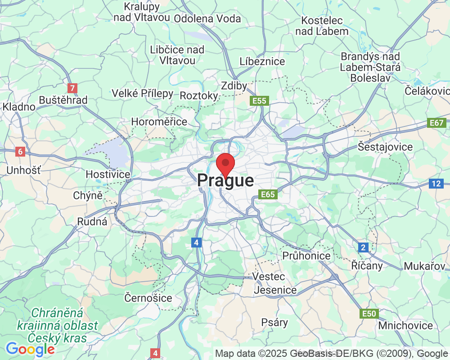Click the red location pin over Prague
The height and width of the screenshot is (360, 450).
pos(225,163)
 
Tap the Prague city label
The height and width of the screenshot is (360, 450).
pos(225,181)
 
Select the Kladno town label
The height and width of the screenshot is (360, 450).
pos(19,107)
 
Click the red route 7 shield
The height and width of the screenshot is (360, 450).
pos(71,88)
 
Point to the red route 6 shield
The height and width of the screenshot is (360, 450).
pos(20,152)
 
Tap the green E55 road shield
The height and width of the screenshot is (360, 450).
pos(260,101)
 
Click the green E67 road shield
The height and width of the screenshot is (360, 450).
pos(436,123)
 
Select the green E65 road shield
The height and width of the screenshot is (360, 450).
pos(268,194)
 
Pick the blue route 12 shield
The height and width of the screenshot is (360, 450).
pos(436,183)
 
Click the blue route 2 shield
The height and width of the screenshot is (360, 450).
pos(364,247)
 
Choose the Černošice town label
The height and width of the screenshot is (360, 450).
pos(148,298)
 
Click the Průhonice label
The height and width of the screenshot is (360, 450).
pos(306,256)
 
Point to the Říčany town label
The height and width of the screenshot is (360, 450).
pos(367,265)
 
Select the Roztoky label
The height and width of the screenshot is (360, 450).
pos(199,95)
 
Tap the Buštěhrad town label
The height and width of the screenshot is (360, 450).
pos(63,100)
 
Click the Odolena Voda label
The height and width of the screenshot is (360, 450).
pos(207,18)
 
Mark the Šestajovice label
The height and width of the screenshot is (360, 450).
pos(385,147)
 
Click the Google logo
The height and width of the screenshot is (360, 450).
pos(30,349)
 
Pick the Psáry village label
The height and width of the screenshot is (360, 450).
pos(274,322)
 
